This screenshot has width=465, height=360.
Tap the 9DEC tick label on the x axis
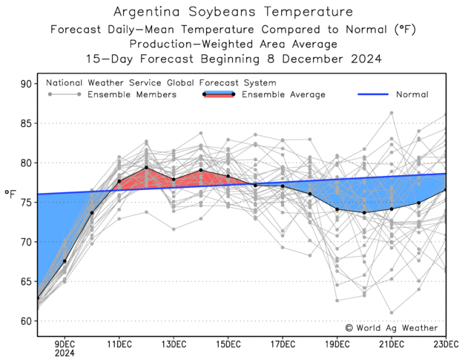point(65,343)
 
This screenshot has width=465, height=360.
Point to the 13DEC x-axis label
point(174,343)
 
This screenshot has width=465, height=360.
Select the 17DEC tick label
point(283,343)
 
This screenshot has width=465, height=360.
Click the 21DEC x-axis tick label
point(392,343)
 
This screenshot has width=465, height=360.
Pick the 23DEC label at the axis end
point(446,343)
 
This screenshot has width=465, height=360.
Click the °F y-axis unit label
point(10,194)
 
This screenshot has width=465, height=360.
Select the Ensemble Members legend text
point(132,95)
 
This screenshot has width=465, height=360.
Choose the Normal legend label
point(412,95)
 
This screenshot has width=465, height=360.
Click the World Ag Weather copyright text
point(391,327)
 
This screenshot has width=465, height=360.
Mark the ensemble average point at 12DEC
point(146,168)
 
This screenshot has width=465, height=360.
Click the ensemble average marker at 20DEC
point(364,212)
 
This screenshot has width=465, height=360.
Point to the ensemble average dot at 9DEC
point(65,261)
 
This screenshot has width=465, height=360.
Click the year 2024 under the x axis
point(65,353)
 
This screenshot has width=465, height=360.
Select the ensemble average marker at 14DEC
point(201,170)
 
